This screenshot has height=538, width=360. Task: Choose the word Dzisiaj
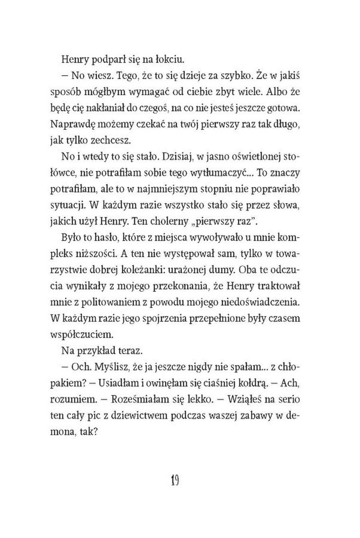coord(178,154)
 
